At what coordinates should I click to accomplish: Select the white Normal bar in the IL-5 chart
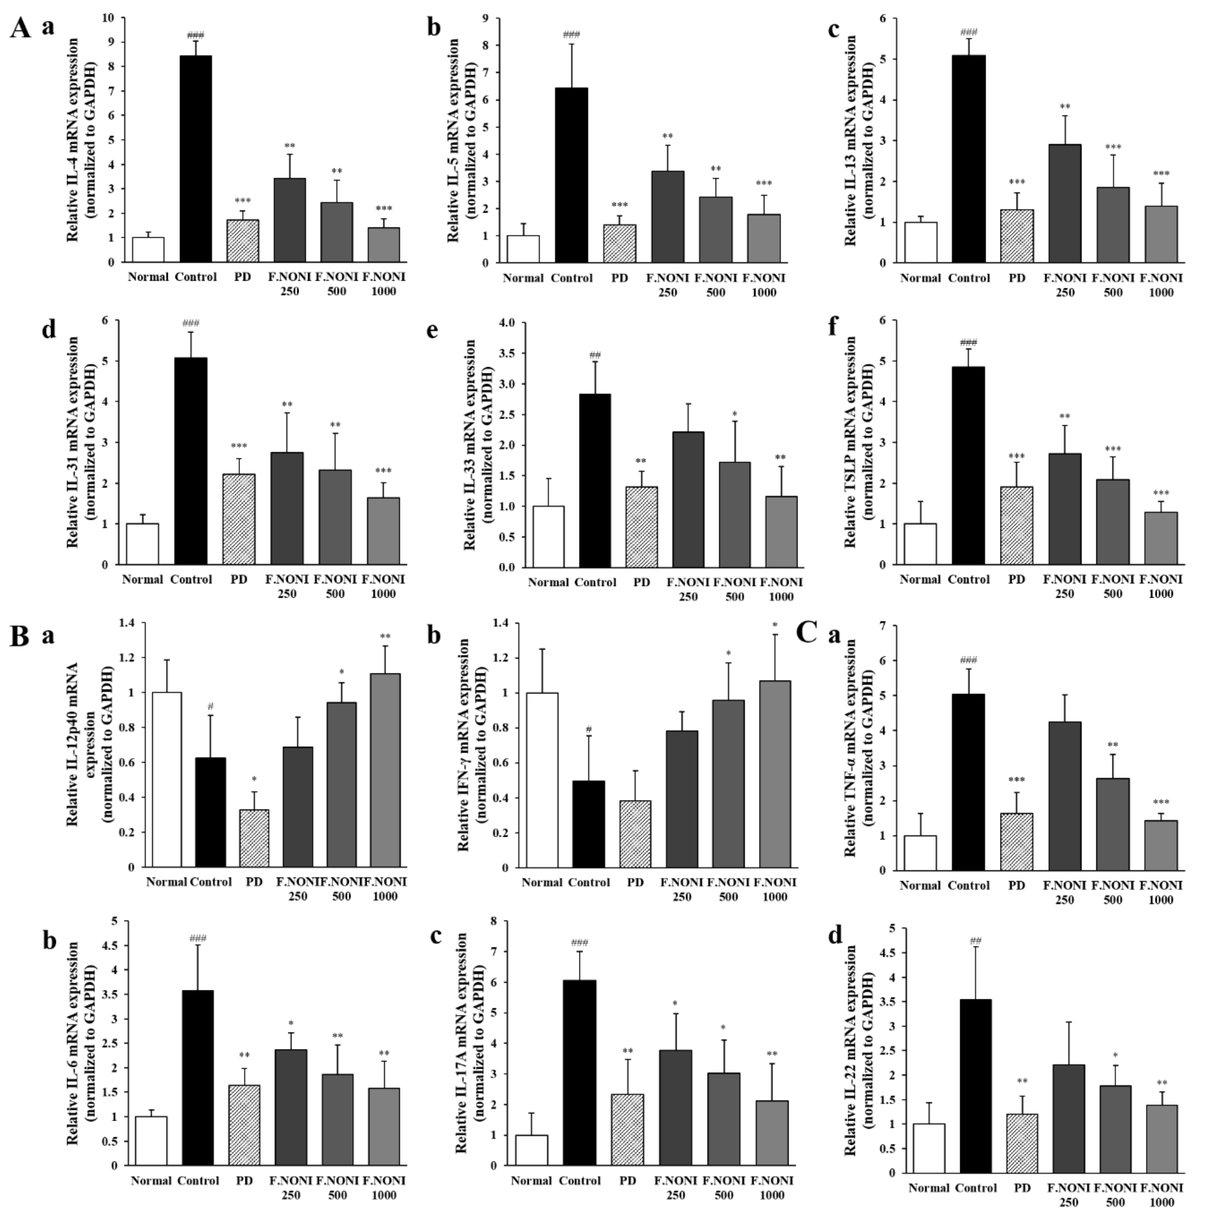coord(523,249)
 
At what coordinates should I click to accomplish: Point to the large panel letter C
coord(807,632)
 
